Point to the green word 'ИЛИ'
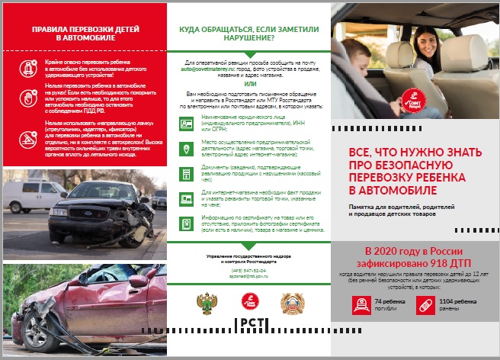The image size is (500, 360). click(x=251, y=84)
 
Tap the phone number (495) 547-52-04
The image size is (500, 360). click(x=251, y=272)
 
